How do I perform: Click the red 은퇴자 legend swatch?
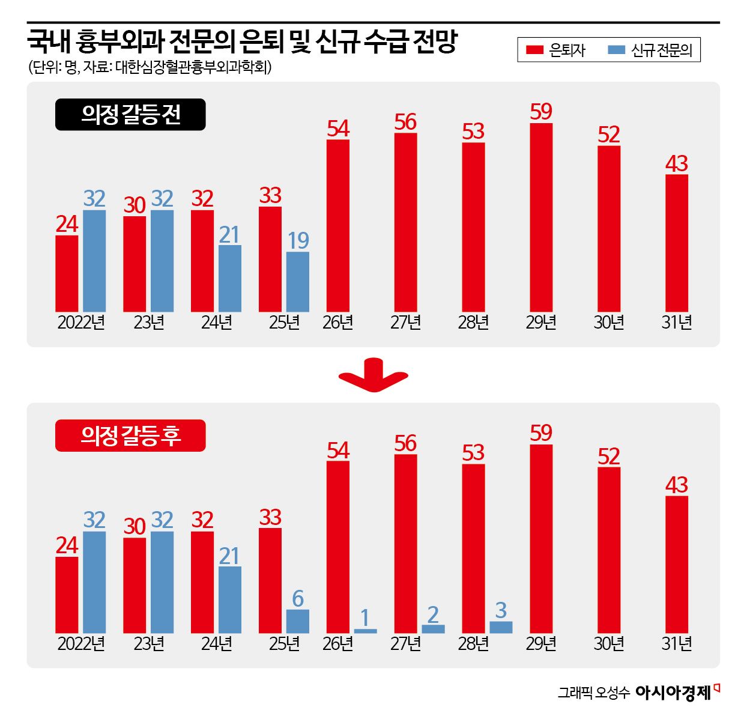point(534,50)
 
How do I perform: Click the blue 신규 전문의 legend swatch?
point(616,50)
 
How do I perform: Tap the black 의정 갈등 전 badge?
point(130,115)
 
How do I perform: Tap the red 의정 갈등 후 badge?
point(130,435)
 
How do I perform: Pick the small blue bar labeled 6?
point(298,621)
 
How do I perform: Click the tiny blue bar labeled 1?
point(365,631)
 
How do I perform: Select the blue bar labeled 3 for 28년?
point(501,627)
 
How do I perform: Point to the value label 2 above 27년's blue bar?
point(433,614)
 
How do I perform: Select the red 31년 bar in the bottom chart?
point(677,564)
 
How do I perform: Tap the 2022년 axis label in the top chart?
point(81,323)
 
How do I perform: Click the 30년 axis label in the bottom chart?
point(609,644)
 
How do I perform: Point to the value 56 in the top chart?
point(405,123)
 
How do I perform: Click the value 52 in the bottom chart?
point(609,457)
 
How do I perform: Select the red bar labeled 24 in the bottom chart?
point(67,595)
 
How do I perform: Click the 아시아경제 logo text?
point(673,693)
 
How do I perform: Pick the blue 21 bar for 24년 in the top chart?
point(230,278)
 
